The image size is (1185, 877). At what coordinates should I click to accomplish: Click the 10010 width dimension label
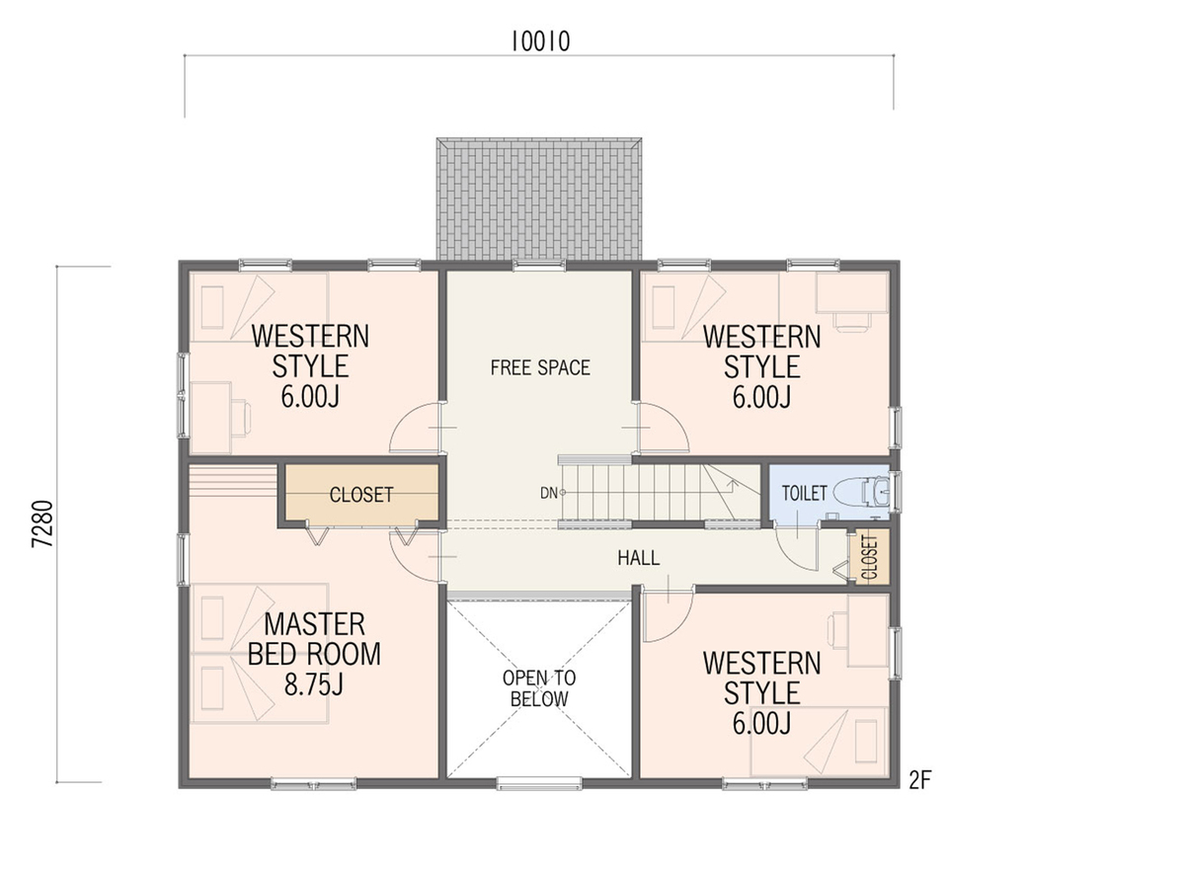(540, 41)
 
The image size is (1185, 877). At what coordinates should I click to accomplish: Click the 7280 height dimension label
(43, 523)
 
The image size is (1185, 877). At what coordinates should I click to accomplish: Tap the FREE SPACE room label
(540, 367)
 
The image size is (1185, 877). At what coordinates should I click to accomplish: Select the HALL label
(639, 558)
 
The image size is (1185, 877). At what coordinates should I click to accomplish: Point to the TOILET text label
(804, 493)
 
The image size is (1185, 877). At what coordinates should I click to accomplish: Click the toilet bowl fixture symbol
(861, 492)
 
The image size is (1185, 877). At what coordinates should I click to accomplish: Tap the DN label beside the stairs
(549, 493)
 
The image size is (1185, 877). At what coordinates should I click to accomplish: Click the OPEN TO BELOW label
(539, 688)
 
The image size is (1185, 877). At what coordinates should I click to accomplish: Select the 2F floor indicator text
(920, 781)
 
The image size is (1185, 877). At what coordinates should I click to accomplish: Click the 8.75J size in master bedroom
(313, 683)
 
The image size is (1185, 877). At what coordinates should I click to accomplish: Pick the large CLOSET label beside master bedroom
(361, 495)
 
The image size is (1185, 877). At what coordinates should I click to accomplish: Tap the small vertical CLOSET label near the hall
(869, 557)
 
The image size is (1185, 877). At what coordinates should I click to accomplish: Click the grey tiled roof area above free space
(539, 199)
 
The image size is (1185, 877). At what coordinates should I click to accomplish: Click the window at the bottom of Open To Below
(539, 783)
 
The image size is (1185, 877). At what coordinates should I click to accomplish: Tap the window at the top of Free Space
(539, 265)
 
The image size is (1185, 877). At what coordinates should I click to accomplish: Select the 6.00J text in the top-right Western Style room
(761, 397)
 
